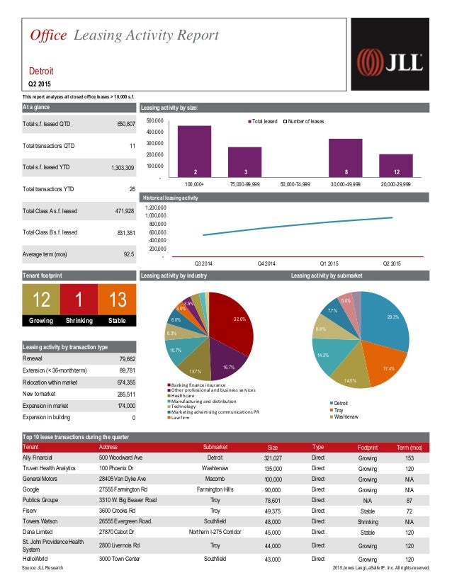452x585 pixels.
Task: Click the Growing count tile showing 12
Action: (x=41, y=301)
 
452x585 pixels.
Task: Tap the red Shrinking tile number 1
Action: (x=79, y=301)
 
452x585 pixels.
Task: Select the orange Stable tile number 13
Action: (x=115, y=301)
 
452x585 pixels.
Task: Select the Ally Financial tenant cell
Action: (x=39, y=458)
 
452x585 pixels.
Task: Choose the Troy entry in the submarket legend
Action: (x=340, y=410)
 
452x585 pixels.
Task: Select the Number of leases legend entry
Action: (x=305, y=122)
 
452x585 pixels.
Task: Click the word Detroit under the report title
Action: (x=41, y=72)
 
